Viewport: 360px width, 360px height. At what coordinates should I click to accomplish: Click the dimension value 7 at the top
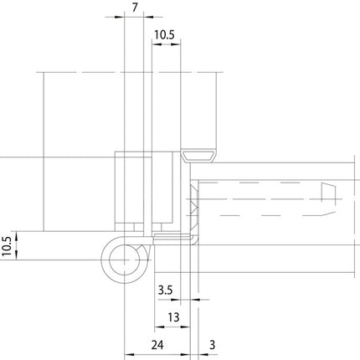[x=136, y=8]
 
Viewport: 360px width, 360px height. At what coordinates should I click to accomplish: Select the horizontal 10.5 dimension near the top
[x=164, y=36]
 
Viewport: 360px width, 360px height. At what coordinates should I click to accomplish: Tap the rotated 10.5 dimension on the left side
[x=8, y=248]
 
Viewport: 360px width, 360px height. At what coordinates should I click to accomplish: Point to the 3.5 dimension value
[x=165, y=291]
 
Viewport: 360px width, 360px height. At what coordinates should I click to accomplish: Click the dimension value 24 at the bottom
[x=157, y=343]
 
